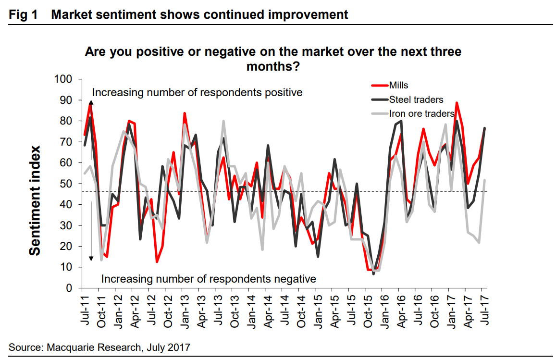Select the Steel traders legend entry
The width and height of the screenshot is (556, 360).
click(x=416, y=100)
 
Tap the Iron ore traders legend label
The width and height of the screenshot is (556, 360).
click(x=421, y=114)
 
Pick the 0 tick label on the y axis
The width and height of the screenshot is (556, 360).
click(x=69, y=288)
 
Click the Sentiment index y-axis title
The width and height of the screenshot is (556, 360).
click(x=35, y=201)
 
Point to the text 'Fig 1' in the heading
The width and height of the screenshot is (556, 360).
click(x=23, y=14)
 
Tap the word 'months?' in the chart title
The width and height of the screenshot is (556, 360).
click(x=273, y=66)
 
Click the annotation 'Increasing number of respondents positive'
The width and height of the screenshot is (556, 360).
click(x=197, y=92)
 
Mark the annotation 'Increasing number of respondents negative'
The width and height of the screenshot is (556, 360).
click(x=209, y=278)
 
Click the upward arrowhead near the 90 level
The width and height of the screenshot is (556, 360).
click(x=91, y=102)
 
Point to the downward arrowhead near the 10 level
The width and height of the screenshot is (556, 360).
click(x=91, y=259)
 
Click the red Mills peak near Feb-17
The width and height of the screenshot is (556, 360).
click(x=456, y=103)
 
